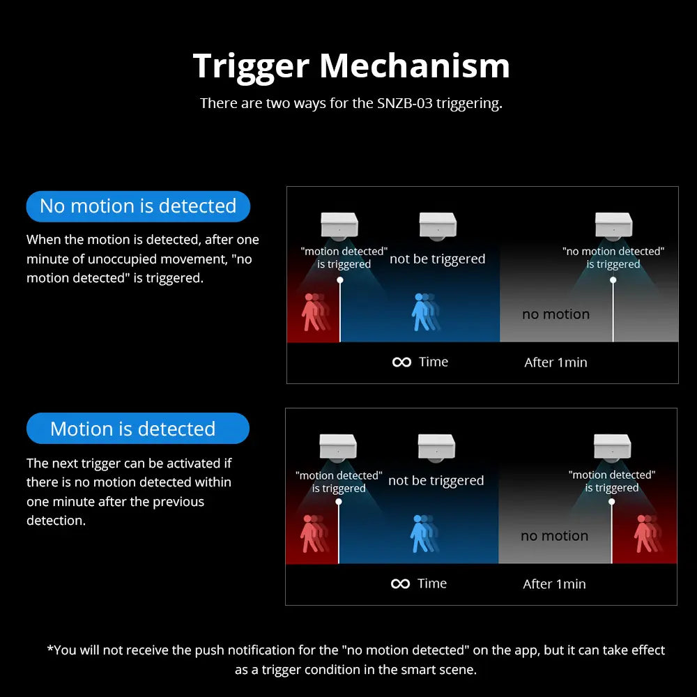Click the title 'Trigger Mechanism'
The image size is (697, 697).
click(x=351, y=66)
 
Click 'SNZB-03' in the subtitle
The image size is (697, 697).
click(x=404, y=103)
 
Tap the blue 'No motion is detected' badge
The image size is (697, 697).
click(x=138, y=206)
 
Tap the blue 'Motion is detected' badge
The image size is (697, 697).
click(x=138, y=428)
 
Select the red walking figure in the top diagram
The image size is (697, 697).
click(x=316, y=312)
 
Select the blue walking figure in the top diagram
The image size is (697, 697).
click(x=426, y=312)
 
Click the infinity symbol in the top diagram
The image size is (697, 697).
click(x=402, y=362)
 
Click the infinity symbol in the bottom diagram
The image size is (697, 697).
click(x=400, y=583)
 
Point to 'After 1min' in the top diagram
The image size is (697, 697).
click(x=556, y=362)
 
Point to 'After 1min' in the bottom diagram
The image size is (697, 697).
click(x=554, y=583)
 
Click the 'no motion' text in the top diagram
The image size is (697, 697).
click(x=556, y=314)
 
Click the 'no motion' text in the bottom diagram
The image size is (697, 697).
click(x=554, y=535)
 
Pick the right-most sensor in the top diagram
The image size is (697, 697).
click(x=613, y=226)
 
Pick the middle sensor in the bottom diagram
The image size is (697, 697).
click(x=436, y=447)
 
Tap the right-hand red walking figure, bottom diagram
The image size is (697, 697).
click(x=648, y=533)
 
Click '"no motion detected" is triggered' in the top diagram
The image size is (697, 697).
click(x=613, y=258)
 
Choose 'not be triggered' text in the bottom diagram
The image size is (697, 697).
click(x=436, y=480)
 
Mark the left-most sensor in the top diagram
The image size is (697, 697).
click(x=339, y=226)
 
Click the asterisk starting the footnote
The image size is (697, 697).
click(x=49, y=648)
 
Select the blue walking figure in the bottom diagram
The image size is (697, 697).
click(x=424, y=533)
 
